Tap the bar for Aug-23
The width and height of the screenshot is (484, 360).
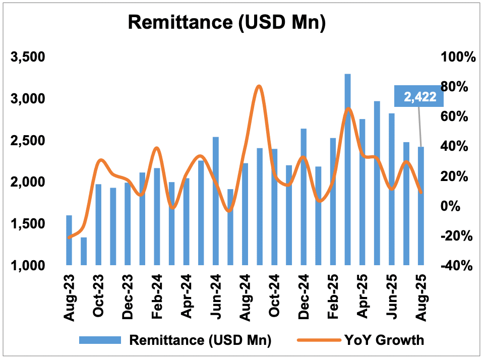click(x=69, y=240)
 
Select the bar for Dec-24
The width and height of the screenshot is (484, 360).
click(x=304, y=197)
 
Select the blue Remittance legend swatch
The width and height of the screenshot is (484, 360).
click(x=100, y=340)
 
